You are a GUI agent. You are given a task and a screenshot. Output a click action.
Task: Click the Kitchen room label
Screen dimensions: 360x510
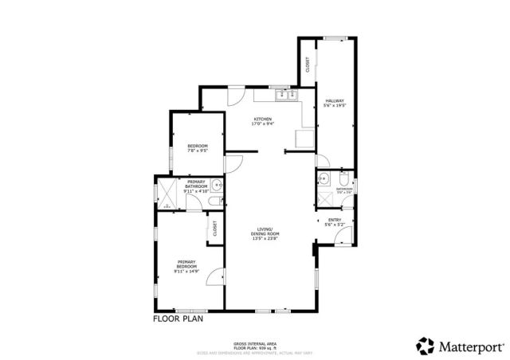[x=262, y=121]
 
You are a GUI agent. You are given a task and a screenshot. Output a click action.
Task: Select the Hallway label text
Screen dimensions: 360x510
[x=334, y=102]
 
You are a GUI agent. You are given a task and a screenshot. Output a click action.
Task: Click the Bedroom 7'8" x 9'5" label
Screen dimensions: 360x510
[x=198, y=147]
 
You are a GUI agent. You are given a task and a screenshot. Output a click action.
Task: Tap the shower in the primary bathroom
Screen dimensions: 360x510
[x=168, y=192]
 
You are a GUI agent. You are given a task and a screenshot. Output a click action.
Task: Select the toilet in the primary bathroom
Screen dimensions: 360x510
[x=211, y=203]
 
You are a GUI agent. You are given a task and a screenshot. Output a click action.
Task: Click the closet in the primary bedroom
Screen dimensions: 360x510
[x=214, y=228]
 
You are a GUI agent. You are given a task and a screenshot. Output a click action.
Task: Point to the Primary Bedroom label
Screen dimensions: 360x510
[x=186, y=266]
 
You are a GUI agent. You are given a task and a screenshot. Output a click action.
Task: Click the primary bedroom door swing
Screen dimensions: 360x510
[x=214, y=277]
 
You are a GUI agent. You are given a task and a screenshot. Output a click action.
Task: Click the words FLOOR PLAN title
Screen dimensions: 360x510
[x=178, y=319]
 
